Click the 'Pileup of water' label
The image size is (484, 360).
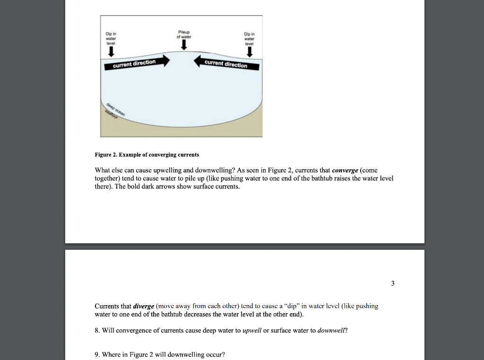(x=183, y=35)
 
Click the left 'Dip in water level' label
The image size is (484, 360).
(x=111, y=38)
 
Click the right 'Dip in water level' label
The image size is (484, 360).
(x=249, y=38)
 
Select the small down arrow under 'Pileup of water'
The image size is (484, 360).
(x=184, y=45)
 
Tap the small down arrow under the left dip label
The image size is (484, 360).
(x=111, y=52)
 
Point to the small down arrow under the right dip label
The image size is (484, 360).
(x=249, y=52)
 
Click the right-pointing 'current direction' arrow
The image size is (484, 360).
(x=137, y=62)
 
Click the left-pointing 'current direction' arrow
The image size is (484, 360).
(x=227, y=63)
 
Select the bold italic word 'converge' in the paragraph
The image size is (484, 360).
(x=345, y=170)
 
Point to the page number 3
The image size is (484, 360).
(x=392, y=283)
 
